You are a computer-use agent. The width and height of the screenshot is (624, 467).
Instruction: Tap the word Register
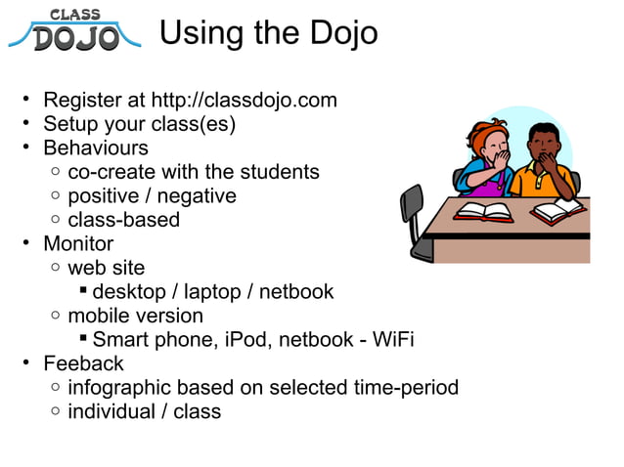pyautogui.click(x=80, y=101)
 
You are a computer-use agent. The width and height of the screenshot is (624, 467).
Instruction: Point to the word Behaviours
pyautogui.click(x=96, y=149)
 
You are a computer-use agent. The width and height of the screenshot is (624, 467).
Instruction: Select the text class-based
pyautogui.click(x=123, y=220)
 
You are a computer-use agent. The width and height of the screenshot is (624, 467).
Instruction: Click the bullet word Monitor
pyautogui.click(x=78, y=244)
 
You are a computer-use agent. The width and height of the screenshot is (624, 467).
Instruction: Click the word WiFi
pyautogui.click(x=391, y=340)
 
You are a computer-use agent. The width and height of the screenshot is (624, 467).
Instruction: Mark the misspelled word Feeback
pyautogui.click(x=83, y=363)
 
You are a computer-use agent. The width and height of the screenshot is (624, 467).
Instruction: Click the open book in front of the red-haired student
pyautogui.click(x=484, y=211)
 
